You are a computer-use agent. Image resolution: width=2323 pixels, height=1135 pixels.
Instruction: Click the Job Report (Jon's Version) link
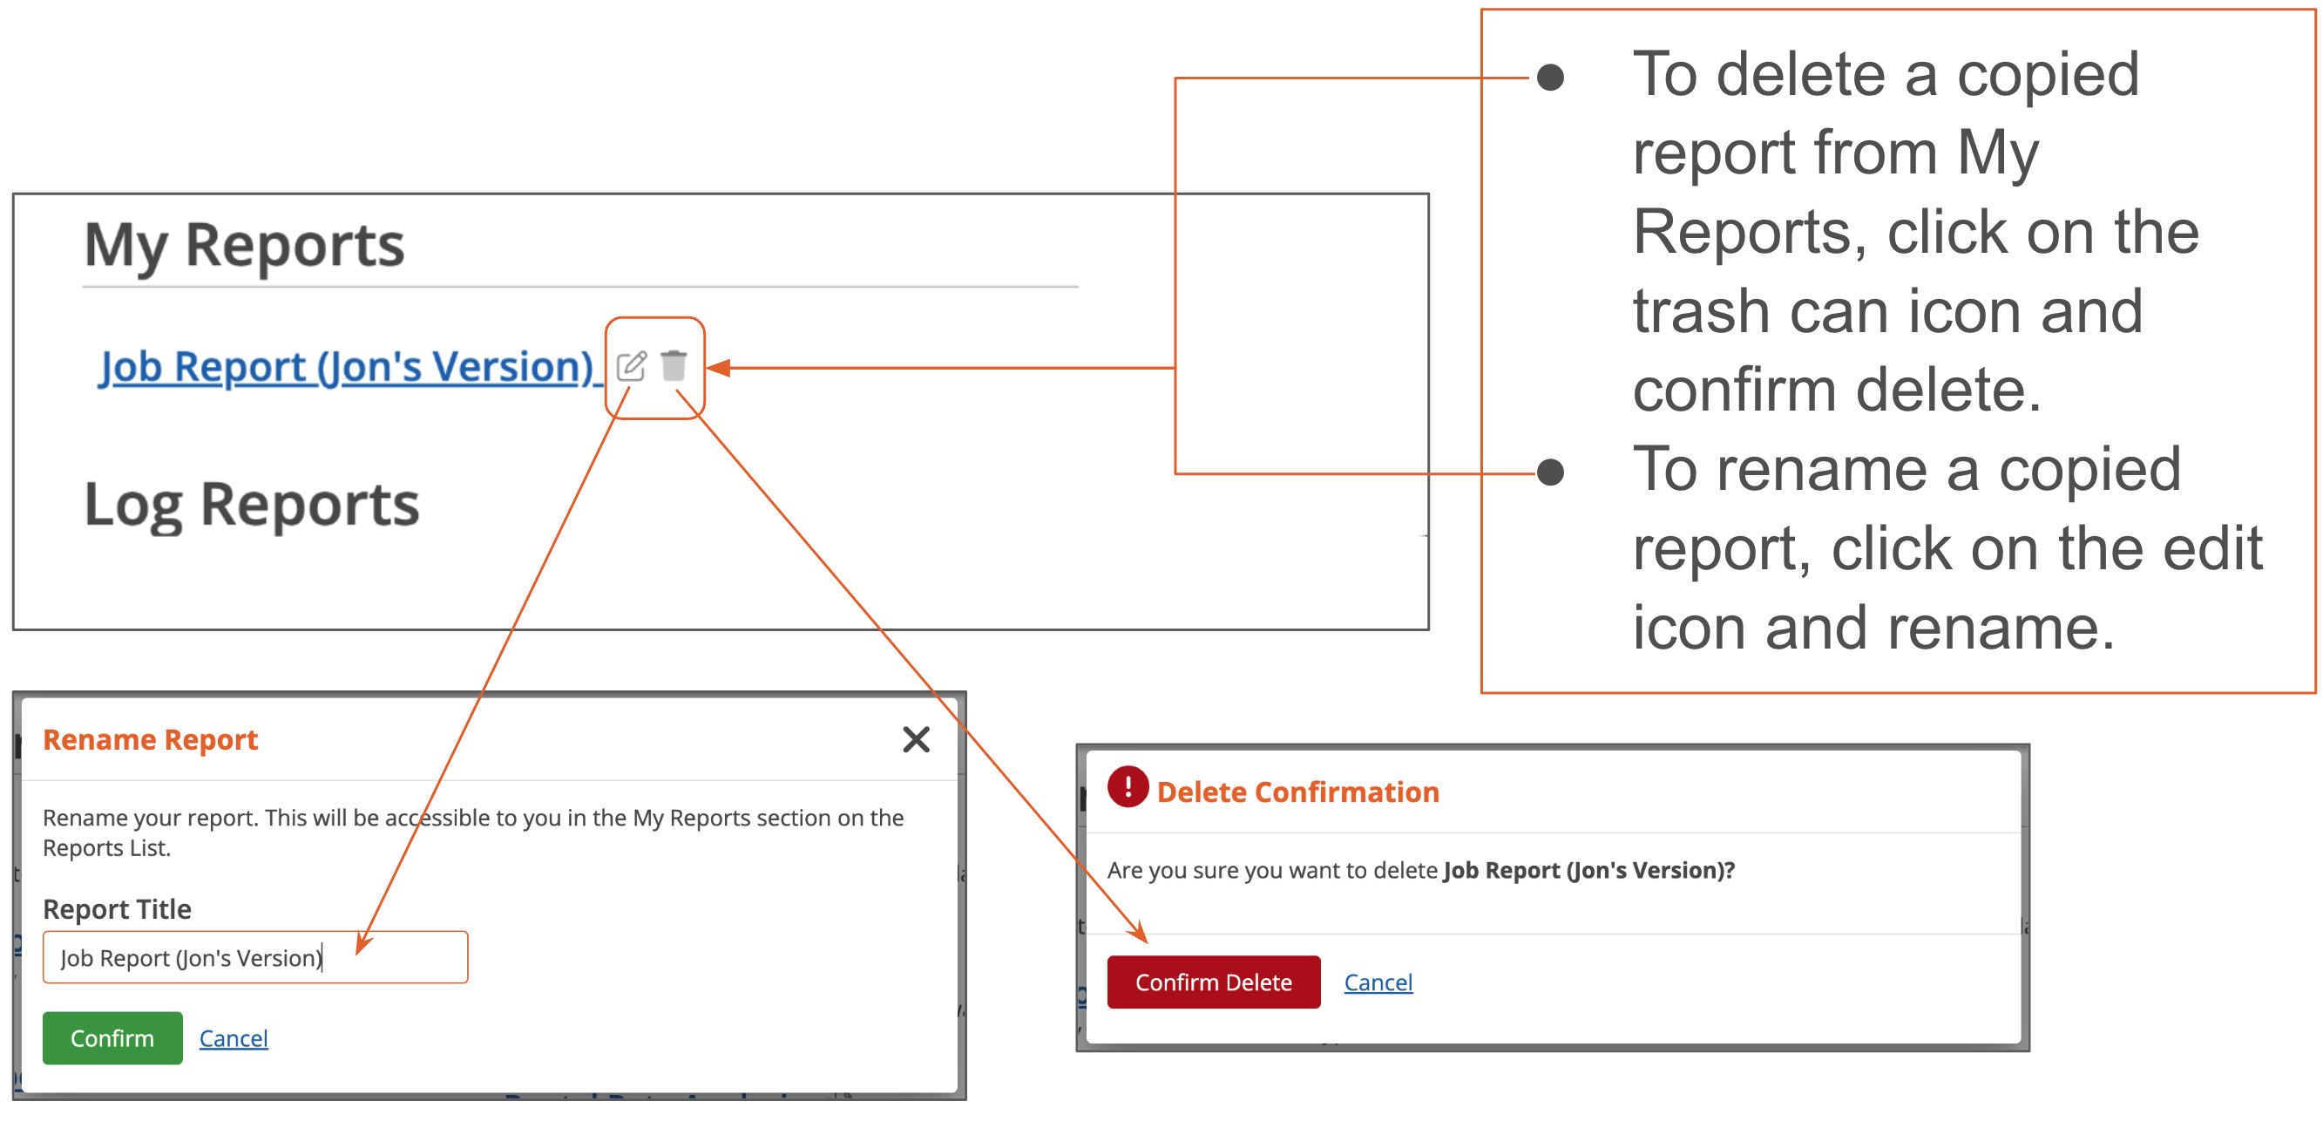tap(346, 367)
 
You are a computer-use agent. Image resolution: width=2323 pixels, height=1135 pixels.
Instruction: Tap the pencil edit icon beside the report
tap(631, 366)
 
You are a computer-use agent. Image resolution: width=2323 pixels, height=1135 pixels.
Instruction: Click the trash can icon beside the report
tap(674, 365)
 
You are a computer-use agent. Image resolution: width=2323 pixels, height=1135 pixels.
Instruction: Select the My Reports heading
tap(244, 246)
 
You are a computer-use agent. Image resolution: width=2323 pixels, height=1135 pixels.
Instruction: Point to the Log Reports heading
tap(252, 505)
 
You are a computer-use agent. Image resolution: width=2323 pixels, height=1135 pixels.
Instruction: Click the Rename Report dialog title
tap(151, 740)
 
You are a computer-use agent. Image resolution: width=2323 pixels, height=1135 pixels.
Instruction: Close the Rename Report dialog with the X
tap(915, 740)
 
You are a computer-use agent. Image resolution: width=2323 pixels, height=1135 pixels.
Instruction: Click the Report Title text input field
tap(255, 957)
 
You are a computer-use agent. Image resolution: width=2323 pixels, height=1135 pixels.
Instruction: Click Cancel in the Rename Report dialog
tap(234, 1038)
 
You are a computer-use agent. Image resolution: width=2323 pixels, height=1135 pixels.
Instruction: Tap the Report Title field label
tap(118, 908)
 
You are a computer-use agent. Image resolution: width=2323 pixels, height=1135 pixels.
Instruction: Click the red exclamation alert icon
tap(1128, 786)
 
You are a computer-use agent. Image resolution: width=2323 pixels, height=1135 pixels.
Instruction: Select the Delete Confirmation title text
tap(1297, 792)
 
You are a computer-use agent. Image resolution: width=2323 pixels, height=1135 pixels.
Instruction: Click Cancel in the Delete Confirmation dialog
tap(1378, 982)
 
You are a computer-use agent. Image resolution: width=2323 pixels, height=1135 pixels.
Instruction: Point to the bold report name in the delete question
tap(1588, 871)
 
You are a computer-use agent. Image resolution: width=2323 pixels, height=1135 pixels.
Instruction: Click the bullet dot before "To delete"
tap(1550, 78)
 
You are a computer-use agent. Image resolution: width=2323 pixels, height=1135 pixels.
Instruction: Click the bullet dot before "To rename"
tap(1550, 472)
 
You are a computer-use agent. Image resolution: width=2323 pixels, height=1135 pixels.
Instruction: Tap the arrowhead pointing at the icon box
tap(718, 368)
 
